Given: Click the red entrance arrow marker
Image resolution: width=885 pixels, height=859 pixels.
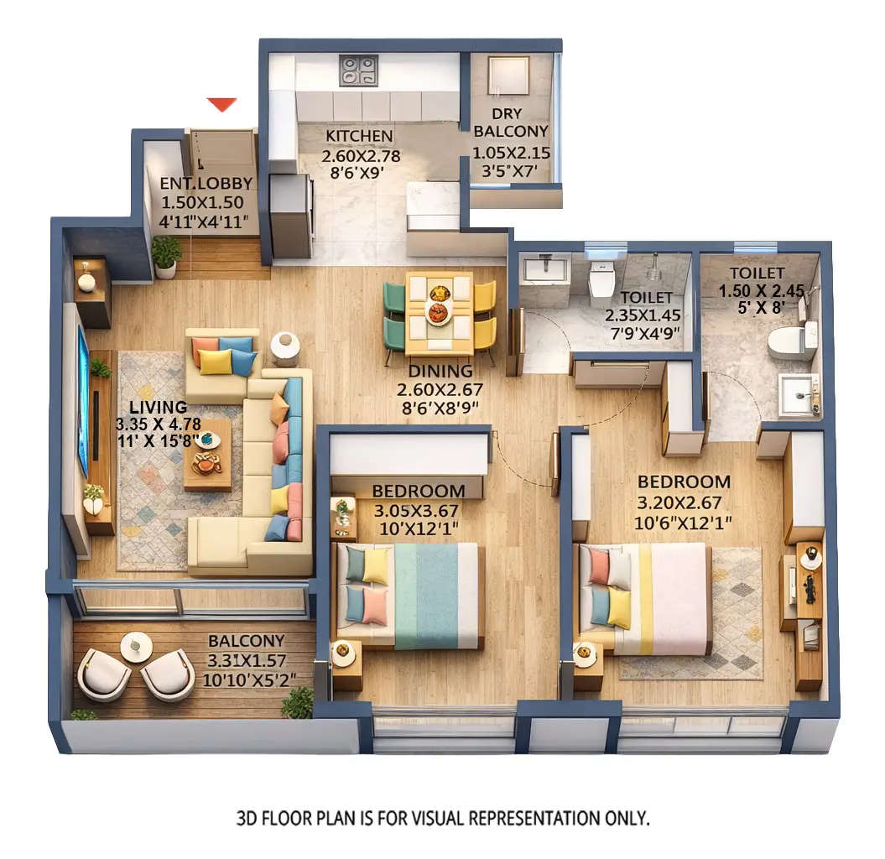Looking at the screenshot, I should click(x=222, y=104).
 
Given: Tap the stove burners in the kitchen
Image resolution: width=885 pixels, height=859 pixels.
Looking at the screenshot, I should click(x=359, y=70).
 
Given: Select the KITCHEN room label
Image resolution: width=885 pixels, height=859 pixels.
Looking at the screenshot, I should click(x=359, y=136).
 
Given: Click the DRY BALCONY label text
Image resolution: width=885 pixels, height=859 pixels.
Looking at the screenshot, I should click(x=511, y=121).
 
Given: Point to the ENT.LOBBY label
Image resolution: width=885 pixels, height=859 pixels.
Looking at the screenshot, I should click(x=206, y=183).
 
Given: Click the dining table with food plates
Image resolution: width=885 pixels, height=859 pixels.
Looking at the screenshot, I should click(x=438, y=311).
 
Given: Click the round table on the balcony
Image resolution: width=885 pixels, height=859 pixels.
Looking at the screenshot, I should click(x=136, y=646).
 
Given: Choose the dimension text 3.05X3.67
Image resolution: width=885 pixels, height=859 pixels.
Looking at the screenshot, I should click(x=417, y=510).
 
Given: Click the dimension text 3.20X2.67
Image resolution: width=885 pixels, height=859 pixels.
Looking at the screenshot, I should click(x=684, y=503).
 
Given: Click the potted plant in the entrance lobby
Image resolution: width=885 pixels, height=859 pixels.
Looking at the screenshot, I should click(x=166, y=254).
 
